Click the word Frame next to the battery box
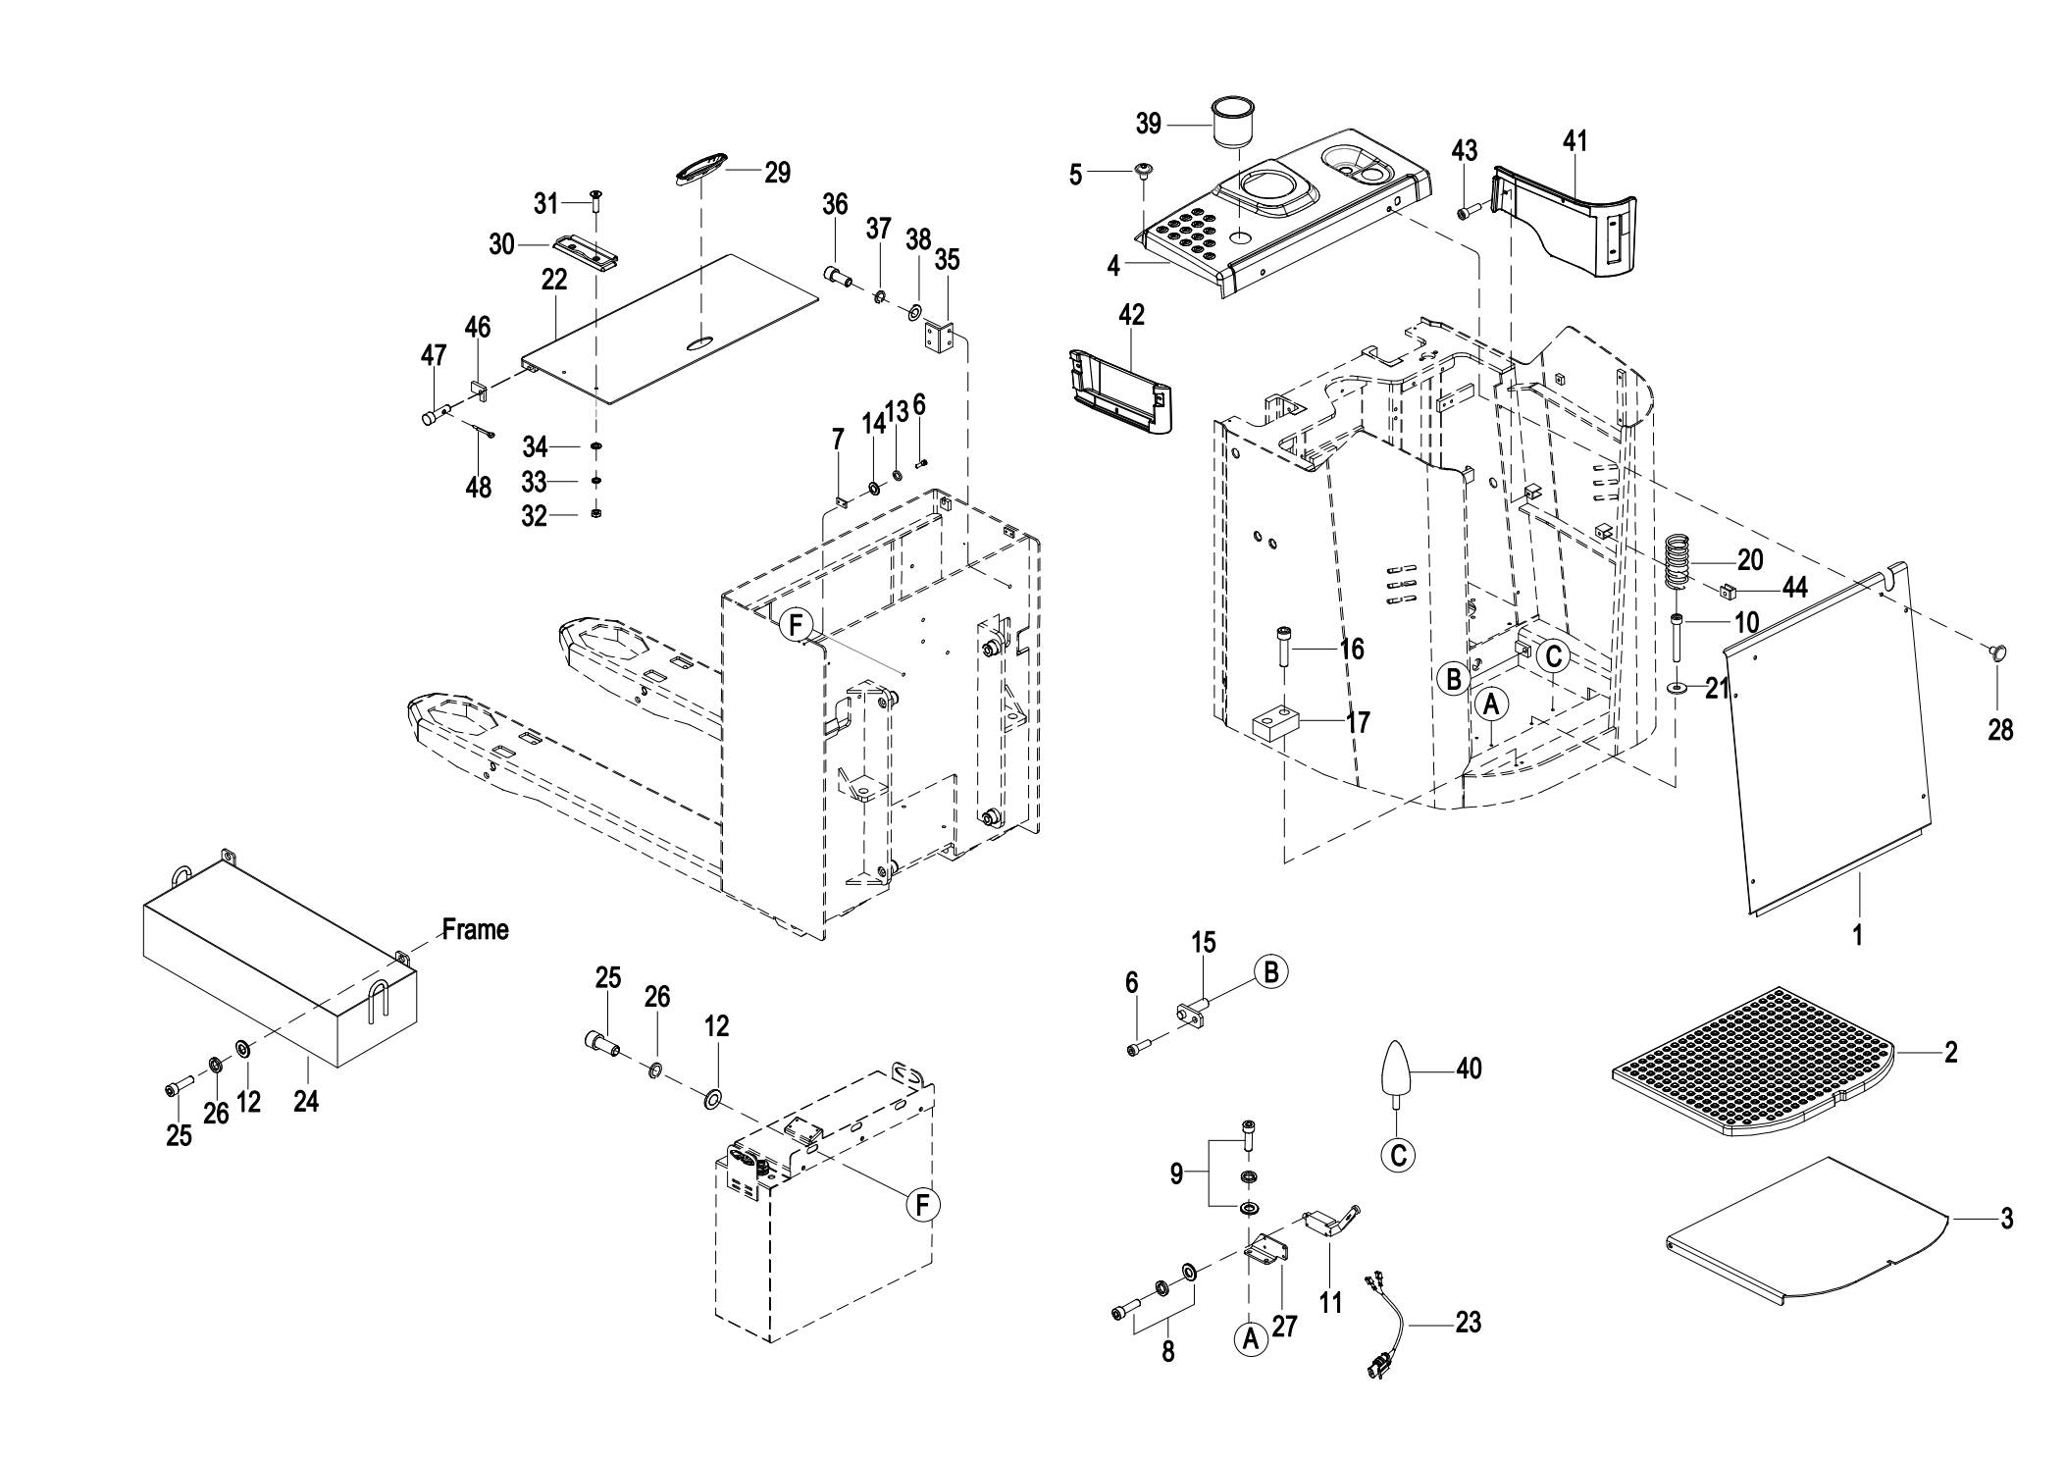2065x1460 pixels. point(475,929)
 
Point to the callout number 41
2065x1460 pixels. point(1575,141)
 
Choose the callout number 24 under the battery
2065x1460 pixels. point(306,1102)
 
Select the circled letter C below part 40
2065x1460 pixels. point(1398,1155)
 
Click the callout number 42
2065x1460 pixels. point(1131,315)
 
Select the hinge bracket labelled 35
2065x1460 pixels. point(940,337)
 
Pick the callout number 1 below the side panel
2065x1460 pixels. point(1856,935)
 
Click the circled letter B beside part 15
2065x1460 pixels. point(1270,971)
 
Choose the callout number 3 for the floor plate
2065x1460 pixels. point(2007,1219)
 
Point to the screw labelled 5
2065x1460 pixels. point(1143,173)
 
